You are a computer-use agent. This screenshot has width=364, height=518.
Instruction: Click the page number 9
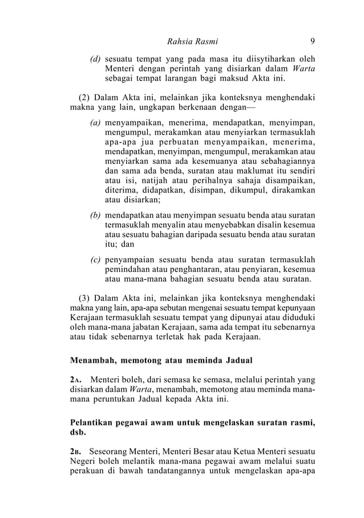(313, 41)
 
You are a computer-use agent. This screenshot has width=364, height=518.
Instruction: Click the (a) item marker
(96, 122)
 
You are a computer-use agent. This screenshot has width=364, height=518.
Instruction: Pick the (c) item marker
(96, 260)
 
